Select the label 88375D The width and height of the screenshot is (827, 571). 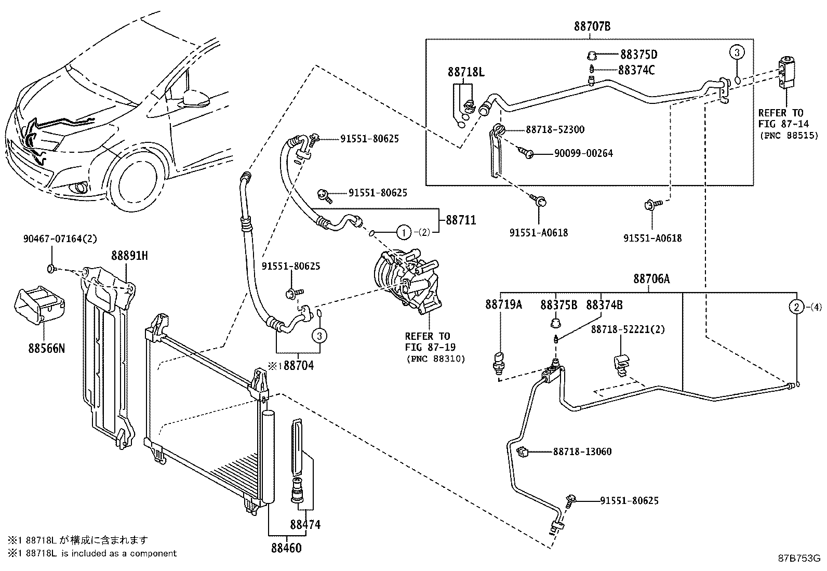[x=638, y=55]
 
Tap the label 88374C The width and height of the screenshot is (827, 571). [x=637, y=70]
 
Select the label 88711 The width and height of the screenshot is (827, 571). [x=460, y=220]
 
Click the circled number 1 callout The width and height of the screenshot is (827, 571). [x=404, y=232]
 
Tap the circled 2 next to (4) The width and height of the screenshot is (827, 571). [x=796, y=307]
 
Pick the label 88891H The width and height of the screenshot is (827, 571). [x=129, y=255]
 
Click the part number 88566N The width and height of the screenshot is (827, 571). [x=46, y=348]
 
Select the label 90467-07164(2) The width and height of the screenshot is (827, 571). [x=60, y=239]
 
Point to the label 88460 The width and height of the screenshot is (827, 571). [x=286, y=548]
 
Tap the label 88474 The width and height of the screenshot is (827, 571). [x=305, y=525]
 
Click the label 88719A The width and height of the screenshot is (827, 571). [x=503, y=304]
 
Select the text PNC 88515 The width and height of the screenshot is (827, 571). [x=788, y=135]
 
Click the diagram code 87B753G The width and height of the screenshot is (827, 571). [x=798, y=559]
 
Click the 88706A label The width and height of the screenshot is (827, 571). [x=651, y=279]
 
